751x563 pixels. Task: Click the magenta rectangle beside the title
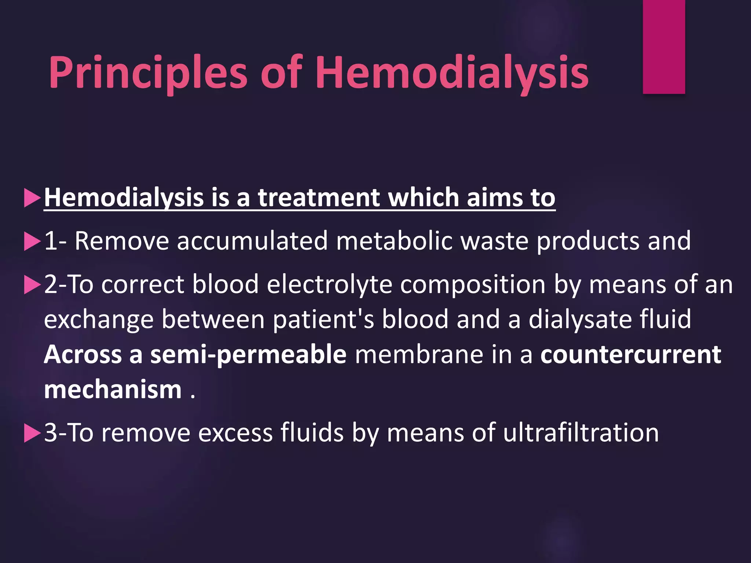(664, 47)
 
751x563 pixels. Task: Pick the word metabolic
(394, 241)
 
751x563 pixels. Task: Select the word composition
(473, 284)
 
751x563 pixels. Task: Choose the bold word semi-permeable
(248, 355)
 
